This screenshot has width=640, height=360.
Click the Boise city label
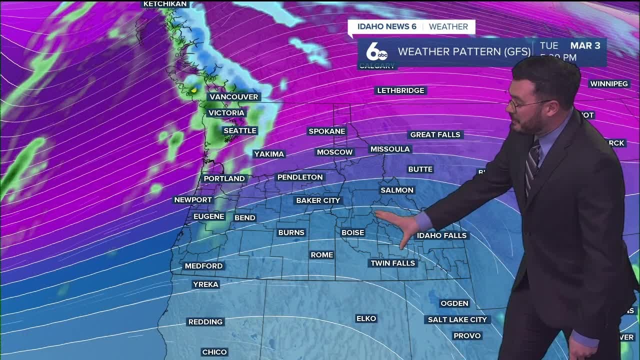point(352,232)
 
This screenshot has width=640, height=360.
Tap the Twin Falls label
point(392,263)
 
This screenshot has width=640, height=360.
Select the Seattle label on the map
point(240,130)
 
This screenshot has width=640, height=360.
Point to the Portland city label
point(224,178)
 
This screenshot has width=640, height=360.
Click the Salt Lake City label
point(457,319)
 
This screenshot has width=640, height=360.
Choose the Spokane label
point(327,131)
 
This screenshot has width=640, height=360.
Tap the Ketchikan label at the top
point(165,4)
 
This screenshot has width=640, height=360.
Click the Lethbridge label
point(400,90)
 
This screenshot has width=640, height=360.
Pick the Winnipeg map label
point(608,83)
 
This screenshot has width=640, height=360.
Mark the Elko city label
point(366,318)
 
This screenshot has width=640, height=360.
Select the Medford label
point(203,266)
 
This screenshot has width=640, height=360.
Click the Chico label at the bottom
point(214,352)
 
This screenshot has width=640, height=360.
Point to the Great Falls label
point(435,134)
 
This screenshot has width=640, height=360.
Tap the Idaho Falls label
point(441,235)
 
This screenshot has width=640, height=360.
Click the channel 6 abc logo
point(376,52)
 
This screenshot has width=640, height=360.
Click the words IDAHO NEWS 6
point(385,26)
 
